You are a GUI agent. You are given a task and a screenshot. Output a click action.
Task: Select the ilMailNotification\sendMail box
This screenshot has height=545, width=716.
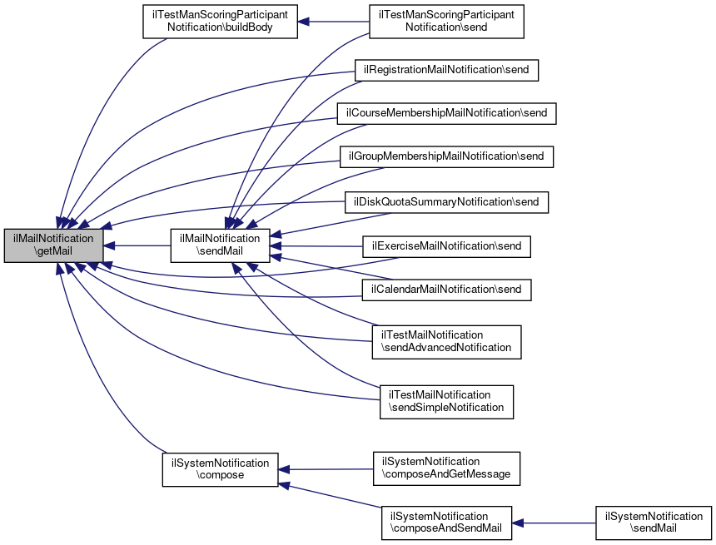[x=221, y=245]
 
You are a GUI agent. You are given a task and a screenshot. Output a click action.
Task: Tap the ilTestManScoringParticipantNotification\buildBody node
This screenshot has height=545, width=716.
[x=220, y=21]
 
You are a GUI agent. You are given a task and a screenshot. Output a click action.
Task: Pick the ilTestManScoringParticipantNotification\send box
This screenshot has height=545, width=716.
[x=446, y=21]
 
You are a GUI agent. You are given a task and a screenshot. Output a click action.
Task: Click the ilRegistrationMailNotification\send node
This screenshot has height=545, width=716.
[x=447, y=70]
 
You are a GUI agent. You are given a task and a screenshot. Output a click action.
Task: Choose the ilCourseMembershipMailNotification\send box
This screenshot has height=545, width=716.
[x=446, y=113]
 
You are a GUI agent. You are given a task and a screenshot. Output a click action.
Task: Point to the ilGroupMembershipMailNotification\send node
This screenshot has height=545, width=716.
[x=446, y=156]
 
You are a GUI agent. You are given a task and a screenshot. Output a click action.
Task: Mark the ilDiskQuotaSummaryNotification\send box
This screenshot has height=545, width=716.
[x=447, y=202]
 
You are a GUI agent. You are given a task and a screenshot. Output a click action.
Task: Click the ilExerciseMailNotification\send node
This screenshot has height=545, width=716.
[x=446, y=246]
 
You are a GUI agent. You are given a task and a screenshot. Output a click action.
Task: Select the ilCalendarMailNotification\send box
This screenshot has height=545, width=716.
[x=446, y=290]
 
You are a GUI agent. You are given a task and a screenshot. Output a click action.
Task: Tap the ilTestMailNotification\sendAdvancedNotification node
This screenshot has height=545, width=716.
[x=446, y=341]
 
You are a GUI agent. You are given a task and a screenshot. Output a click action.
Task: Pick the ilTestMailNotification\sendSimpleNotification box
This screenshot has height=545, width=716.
[x=446, y=401]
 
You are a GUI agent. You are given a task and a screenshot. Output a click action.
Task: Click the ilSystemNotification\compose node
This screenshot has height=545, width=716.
[x=220, y=469]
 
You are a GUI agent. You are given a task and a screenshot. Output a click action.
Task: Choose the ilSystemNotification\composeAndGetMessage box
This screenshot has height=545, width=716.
[x=446, y=468]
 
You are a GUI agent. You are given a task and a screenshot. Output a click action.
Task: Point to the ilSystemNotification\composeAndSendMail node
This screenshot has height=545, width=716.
[x=446, y=523]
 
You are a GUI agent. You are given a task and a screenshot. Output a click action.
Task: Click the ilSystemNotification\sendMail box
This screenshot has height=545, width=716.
[x=654, y=523]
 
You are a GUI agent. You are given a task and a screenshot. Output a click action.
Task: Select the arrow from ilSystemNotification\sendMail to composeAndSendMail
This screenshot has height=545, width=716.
[x=554, y=523]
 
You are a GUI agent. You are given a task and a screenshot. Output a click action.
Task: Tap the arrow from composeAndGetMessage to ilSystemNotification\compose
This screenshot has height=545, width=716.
[x=325, y=469]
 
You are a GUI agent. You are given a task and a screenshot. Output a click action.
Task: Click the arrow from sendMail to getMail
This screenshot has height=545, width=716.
[x=137, y=245]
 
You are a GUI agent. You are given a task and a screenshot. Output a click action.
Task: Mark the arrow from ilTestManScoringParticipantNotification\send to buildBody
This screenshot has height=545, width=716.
[x=333, y=21]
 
